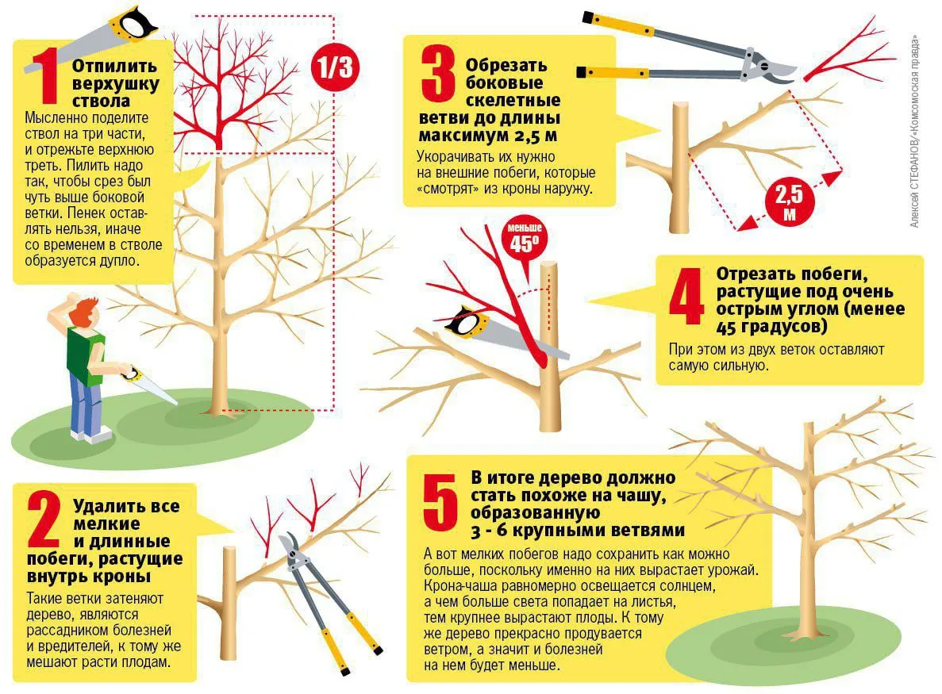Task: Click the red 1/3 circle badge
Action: click(x=335, y=67)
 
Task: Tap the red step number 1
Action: click(x=46, y=75)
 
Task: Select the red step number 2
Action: click(x=44, y=520)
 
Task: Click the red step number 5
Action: click(x=440, y=502)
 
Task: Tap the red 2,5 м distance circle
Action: click(x=790, y=202)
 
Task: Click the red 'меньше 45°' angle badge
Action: click(x=525, y=238)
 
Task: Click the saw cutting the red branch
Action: click(x=506, y=332)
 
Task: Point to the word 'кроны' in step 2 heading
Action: click(x=124, y=577)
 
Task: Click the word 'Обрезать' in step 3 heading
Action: click(x=506, y=65)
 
